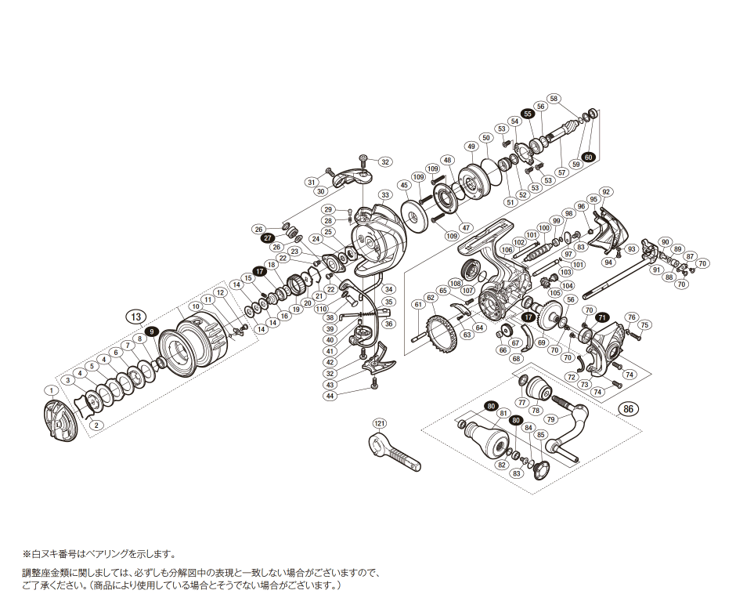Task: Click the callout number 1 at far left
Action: [x=51, y=389]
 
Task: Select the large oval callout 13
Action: [x=135, y=317]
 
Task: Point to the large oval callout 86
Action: [x=627, y=409]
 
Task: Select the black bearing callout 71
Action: [x=602, y=317]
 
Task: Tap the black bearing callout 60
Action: [x=589, y=157]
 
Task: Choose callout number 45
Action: [x=404, y=186]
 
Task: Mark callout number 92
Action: [x=606, y=192]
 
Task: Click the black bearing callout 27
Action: [x=267, y=237]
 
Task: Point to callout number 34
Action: [x=388, y=290]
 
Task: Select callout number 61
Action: [x=418, y=304]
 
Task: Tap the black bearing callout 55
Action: [x=528, y=114]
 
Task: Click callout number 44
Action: [x=330, y=396]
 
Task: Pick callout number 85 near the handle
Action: [x=539, y=434]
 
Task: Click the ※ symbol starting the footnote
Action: [x=26, y=553]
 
